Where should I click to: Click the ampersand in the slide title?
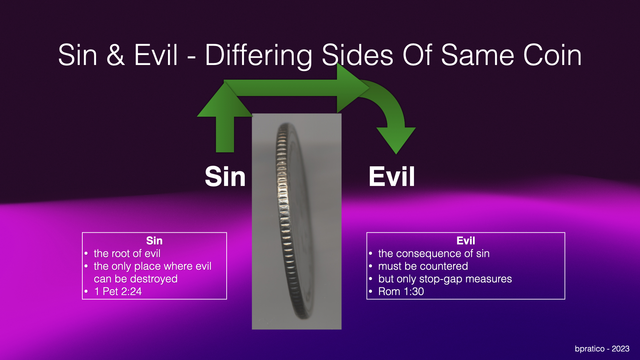pyautogui.click(x=116, y=55)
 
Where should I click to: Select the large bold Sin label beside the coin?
pyautogui.click(x=225, y=177)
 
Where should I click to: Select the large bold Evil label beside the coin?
pyautogui.click(x=392, y=177)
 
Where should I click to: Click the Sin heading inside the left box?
pyautogui.click(x=154, y=241)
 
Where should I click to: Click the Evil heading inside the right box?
pyautogui.click(x=466, y=241)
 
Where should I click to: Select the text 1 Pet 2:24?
pyautogui.click(x=118, y=292)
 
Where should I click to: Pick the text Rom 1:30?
pyautogui.click(x=401, y=292)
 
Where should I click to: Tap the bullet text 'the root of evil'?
pyautogui.click(x=127, y=254)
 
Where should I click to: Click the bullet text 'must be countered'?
pyautogui.click(x=423, y=266)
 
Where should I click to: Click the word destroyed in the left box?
pyautogui.click(x=155, y=279)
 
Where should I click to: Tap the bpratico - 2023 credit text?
pyautogui.click(x=602, y=349)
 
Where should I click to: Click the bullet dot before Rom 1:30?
pyautogui.click(x=370, y=291)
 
